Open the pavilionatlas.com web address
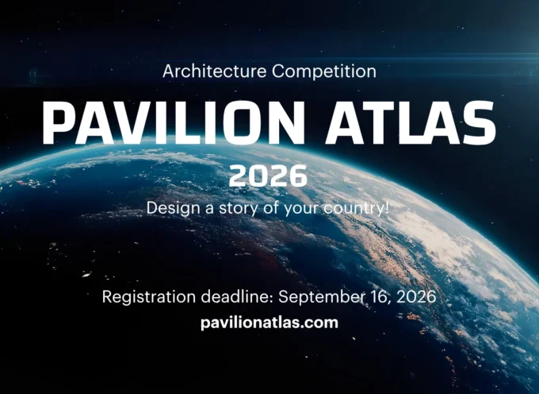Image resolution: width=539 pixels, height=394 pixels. (x=269, y=323)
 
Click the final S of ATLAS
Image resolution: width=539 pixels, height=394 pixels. (x=479, y=122)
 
